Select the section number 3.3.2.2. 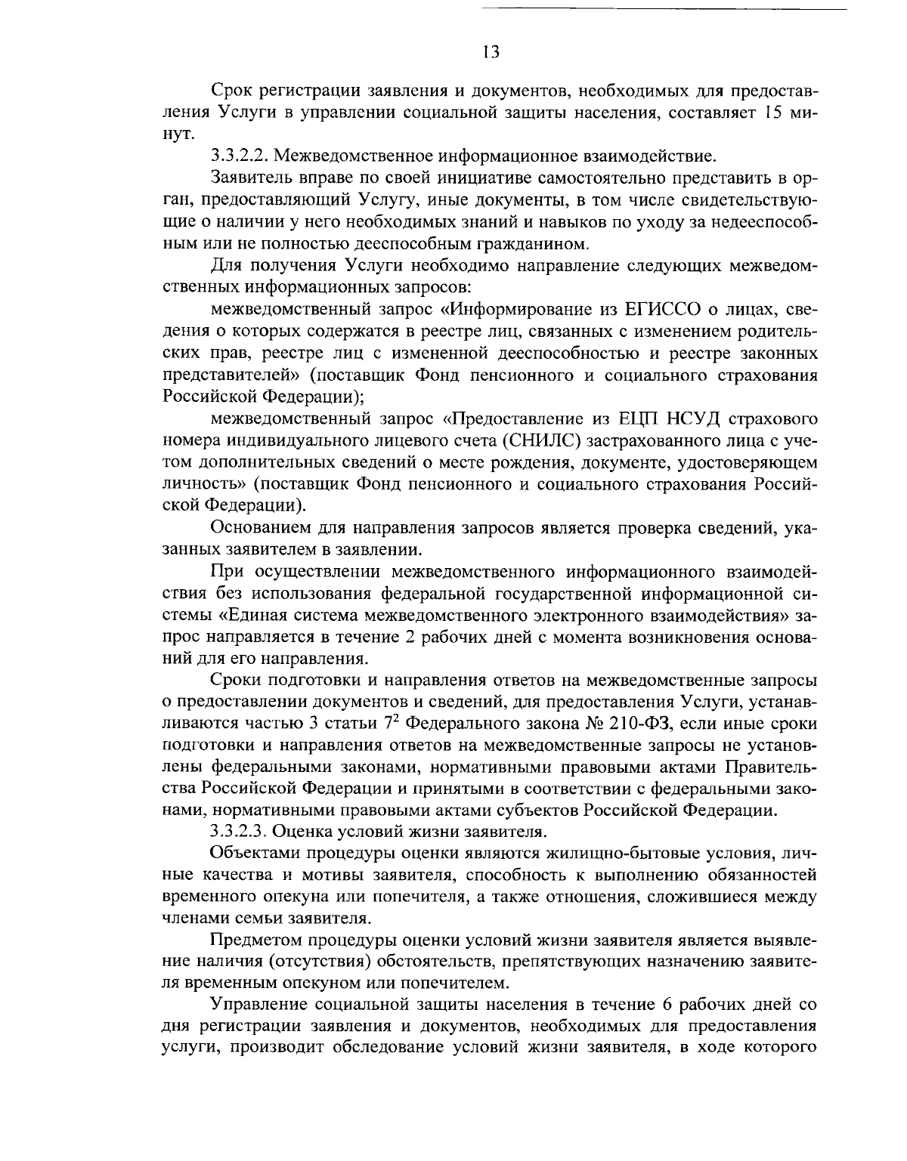coord(239,157)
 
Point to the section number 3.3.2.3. coord(239,832)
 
